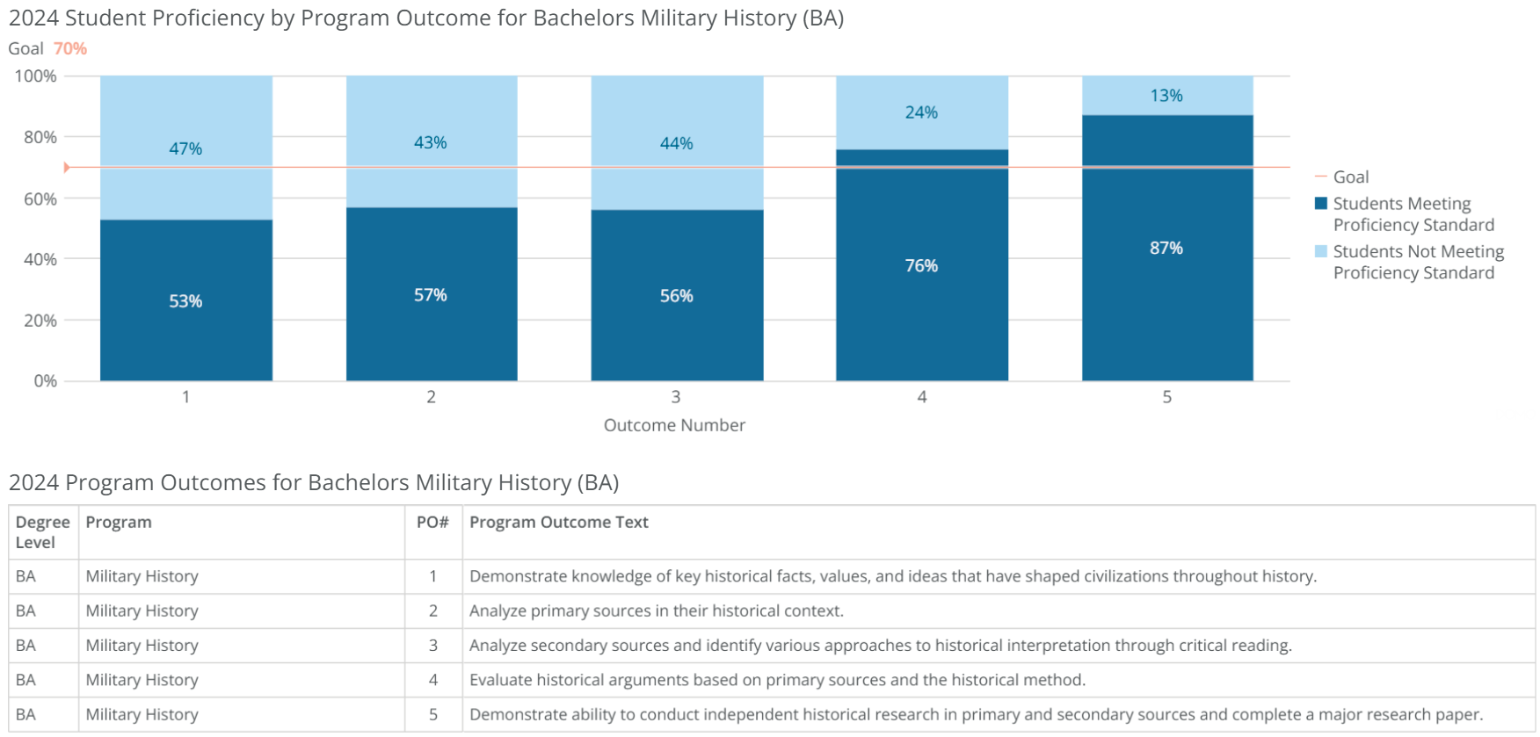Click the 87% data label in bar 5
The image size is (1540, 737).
click(x=1166, y=249)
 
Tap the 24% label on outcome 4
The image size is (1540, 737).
click(x=921, y=112)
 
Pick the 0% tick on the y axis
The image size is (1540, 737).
click(x=45, y=381)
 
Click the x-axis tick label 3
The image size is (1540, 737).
click(x=675, y=397)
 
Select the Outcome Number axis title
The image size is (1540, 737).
click(x=674, y=425)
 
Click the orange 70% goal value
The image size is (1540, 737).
click(x=70, y=49)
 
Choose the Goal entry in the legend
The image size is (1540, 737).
click(x=1350, y=177)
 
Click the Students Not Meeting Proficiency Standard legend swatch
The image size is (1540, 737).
click(x=1320, y=252)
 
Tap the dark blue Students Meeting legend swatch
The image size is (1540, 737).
click(x=1320, y=204)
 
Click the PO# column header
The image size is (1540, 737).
click(x=432, y=523)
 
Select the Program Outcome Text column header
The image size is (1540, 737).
click(x=558, y=523)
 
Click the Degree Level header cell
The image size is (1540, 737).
click(x=42, y=532)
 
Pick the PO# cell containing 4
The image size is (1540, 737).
click(x=432, y=680)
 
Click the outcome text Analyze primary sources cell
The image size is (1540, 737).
click(x=656, y=611)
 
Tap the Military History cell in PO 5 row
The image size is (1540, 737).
click(x=142, y=715)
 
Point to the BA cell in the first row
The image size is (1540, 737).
click(x=25, y=577)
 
